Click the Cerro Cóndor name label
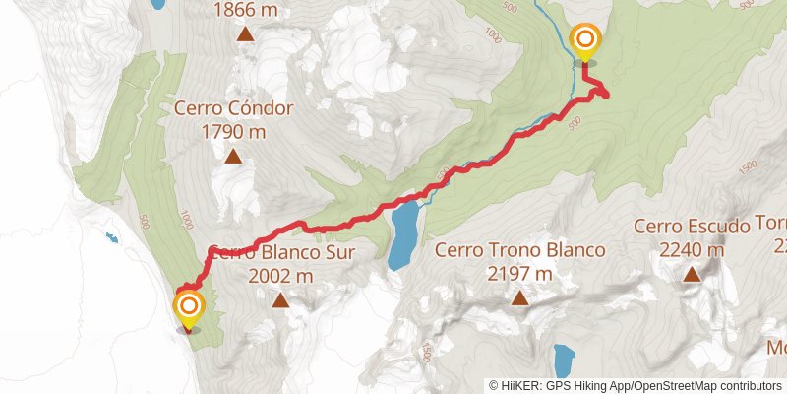tap(233, 108)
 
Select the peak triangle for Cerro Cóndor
tap(233, 156)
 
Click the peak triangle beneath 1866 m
tap(245, 36)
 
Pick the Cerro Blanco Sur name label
tap(280, 252)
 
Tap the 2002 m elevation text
tap(281, 276)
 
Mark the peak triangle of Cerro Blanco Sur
tap(281, 300)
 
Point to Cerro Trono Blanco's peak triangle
tap(519, 299)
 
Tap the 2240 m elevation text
tap(692, 250)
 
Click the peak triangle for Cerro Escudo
tap(692, 275)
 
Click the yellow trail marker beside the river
tap(585, 40)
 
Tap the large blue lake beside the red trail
tap(402, 236)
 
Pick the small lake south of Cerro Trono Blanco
tap(564, 361)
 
